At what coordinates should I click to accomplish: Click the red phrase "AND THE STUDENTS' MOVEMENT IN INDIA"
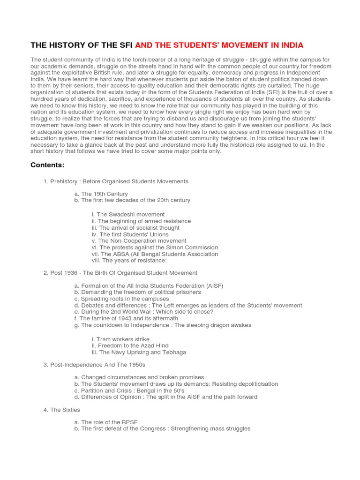[x=219, y=45]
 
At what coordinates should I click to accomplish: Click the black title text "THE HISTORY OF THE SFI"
[x=82, y=45]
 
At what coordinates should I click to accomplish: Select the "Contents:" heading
[x=47, y=165]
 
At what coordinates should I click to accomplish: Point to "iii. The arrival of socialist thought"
[x=135, y=228]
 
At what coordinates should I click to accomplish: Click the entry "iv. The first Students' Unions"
[x=130, y=234]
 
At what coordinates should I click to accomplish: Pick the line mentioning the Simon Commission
[x=155, y=247]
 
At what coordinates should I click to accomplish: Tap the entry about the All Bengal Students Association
[x=155, y=254]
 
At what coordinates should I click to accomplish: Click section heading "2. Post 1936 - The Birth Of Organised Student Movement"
[x=120, y=273]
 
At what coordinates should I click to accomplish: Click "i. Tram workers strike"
[x=120, y=339]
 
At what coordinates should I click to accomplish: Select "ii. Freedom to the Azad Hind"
[x=130, y=345]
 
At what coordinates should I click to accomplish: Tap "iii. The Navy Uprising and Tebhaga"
[x=139, y=352]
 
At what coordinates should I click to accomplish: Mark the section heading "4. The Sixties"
[x=62, y=410]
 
